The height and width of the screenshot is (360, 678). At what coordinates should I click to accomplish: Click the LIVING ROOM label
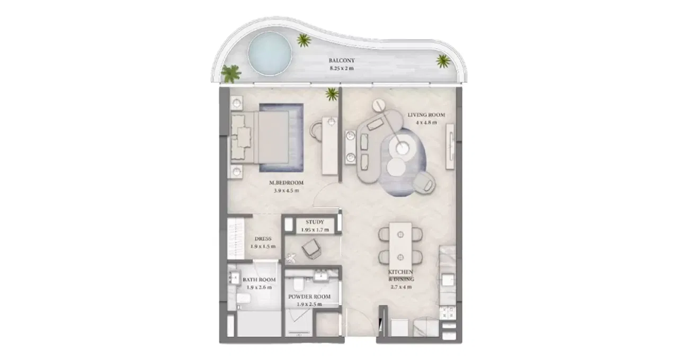click(426, 115)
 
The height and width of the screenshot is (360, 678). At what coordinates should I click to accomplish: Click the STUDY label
click(315, 222)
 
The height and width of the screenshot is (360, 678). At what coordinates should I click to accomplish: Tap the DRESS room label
click(263, 239)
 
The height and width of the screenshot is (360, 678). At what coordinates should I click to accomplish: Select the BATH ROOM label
click(259, 280)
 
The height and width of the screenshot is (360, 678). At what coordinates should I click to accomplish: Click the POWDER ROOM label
click(309, 296)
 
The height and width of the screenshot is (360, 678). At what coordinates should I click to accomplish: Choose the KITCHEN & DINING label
click(401, 275)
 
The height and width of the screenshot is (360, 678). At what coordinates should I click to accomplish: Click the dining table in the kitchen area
click(400, 241)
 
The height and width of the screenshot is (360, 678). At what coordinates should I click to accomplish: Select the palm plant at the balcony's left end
click(230, 73)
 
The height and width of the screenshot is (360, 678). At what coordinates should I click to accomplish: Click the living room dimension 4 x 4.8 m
click(426, 123)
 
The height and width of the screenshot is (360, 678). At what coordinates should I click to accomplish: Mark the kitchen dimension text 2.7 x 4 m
click(401, 287)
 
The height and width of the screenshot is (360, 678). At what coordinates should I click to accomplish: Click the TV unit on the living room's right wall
click(451, 141)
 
